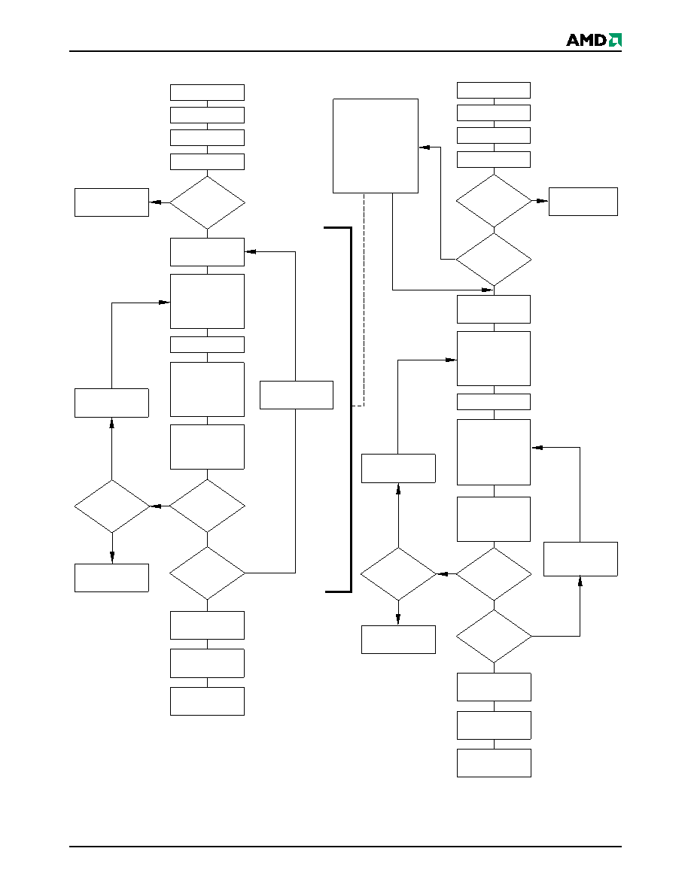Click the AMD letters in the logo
tap(586, 40)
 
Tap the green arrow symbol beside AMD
tap(615, 40)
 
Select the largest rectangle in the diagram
tap(375, 146)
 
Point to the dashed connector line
tap(364, 300)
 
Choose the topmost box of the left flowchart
tap(207, 93)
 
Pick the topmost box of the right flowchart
tap(494, 90)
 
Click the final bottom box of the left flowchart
tap(207, 701)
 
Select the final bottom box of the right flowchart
tap(494, 763)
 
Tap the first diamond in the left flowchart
tap(207, 202)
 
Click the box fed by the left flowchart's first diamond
tap(111, 202)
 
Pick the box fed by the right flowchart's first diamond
tap(583, 201)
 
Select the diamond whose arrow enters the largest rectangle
tap(494, 260)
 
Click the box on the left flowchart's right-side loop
tap(297, 395)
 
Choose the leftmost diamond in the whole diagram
tap(111, 506)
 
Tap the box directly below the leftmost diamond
tap(111, 578)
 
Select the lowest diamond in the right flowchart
tap(494, 637)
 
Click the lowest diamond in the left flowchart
tap(207, 573)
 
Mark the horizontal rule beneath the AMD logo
tap(345, 51)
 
